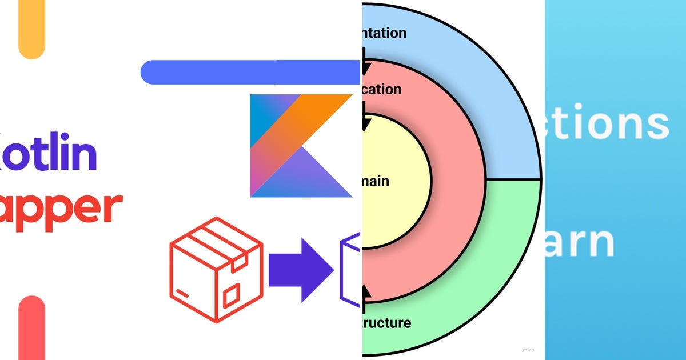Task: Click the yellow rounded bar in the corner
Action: [31, 29]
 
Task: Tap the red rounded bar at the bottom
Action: [31, 329]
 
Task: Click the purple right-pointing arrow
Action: [300, 269]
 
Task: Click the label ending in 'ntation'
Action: [384, 33]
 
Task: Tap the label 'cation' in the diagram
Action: [381, 90]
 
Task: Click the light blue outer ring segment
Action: [503, 114]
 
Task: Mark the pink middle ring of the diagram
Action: [457, 183]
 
